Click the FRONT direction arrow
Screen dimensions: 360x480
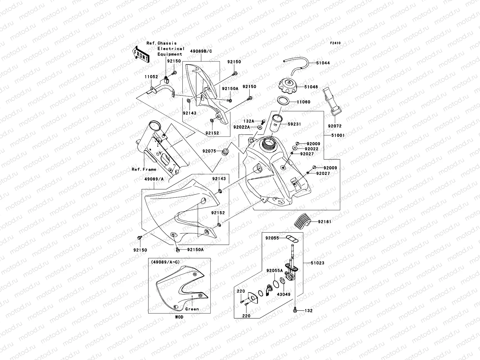tap(141, 54)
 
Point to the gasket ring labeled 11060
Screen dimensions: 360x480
tap(283, 101)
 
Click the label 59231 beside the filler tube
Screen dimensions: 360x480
tap(294, 124)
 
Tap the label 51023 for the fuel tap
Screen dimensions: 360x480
tap(317, 263)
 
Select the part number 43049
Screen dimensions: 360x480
tap(283, 294)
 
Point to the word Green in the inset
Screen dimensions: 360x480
tap(192, 309)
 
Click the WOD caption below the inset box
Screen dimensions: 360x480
tap(179, 317)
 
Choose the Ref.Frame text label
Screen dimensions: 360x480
tap(144, 169)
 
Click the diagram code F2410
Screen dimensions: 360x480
tap(335, 43)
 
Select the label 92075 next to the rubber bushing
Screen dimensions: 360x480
tap(209, 151)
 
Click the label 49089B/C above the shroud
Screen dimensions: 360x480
tap(201, 51)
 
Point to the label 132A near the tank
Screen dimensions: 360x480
tap(249, 121)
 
